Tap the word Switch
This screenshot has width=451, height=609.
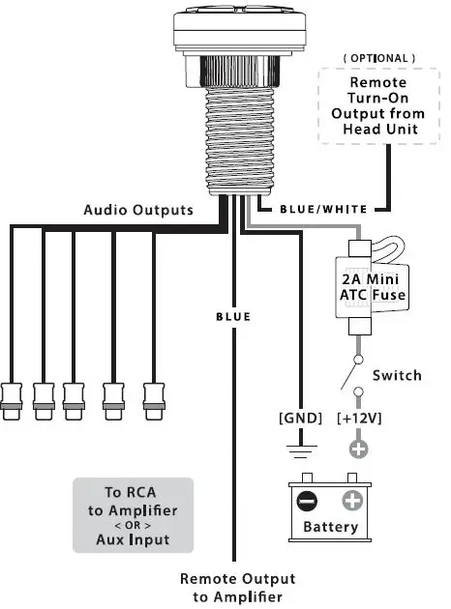tap(397, 375)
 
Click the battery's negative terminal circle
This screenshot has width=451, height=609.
tap(307, 502)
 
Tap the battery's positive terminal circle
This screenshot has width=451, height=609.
tap(352, 502)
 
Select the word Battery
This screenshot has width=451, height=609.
tap(330, 528)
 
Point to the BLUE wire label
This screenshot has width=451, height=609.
tap(233, 316)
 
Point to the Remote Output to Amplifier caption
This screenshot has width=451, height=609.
tap(237, 588)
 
